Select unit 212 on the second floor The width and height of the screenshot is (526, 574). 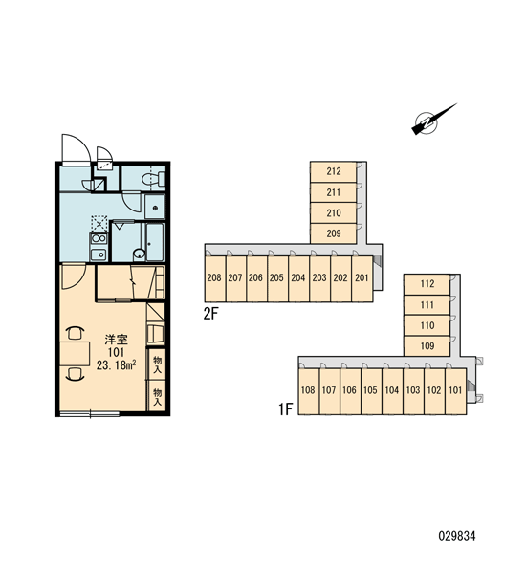point(333,171)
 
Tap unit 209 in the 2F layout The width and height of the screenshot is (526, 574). point(333,233)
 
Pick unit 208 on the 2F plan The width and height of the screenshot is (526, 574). point(214,278)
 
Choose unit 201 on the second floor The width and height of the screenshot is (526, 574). point(362,278)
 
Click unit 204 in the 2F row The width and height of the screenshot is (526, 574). point(298,278)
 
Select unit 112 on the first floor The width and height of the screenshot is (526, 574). point(427,284)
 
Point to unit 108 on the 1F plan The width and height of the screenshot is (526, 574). point(308,390)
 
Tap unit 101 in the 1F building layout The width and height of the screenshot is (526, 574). point(456,390)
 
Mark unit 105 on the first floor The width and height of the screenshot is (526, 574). point(371,390)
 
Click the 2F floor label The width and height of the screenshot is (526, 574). point(210,314)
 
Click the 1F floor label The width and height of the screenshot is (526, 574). point(286,408)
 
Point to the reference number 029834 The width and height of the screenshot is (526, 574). point(457,536)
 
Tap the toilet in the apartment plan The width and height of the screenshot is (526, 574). point(153,179)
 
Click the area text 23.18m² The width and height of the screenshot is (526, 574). point(117,365)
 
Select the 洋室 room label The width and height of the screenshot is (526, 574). point(116,340)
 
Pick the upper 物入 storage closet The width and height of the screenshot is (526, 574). point(157,364)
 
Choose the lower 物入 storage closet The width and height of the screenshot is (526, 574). point(157,396)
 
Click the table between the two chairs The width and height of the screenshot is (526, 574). point(75,354)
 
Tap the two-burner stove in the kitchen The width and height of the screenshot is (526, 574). point(99,239)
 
